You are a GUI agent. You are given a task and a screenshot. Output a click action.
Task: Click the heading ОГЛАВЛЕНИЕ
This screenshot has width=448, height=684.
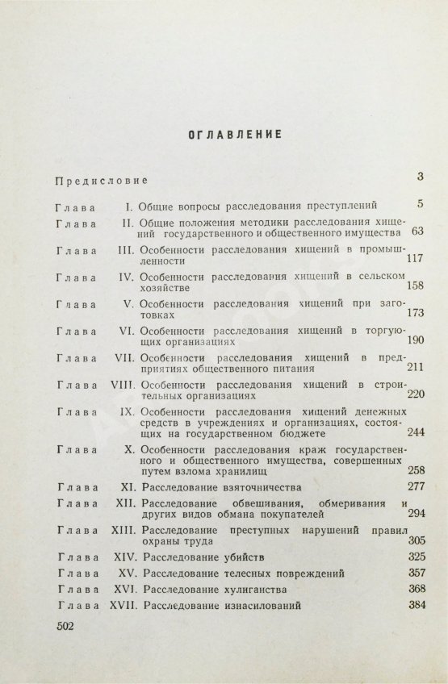coord(224,134)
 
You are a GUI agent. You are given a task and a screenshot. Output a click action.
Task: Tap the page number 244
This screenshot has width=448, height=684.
coord(416,434)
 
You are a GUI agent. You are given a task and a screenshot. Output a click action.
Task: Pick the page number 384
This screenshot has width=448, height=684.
coord(416,605)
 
